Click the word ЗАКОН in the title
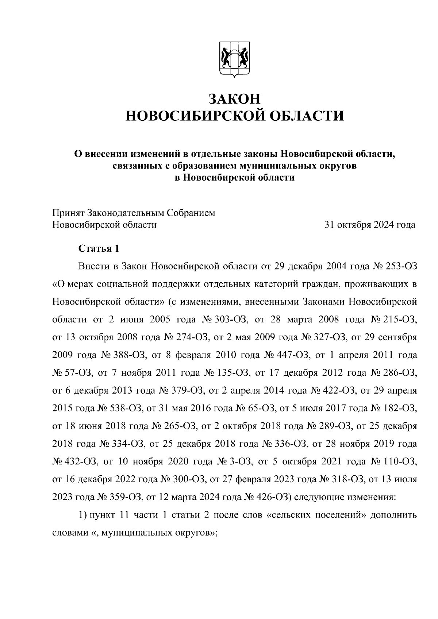pyautogui.click(x=235, y=98)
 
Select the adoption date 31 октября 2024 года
pyautogui.click(x=370, y=225)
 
